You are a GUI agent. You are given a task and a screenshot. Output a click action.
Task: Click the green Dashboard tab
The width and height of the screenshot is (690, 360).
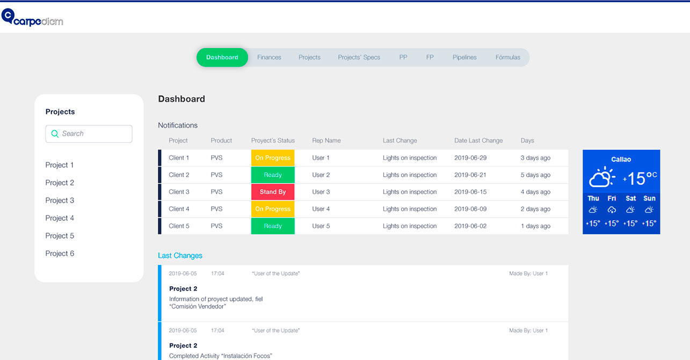pyautogui.click(x=222, y=57)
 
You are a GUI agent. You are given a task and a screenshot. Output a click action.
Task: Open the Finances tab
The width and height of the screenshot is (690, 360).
pyautogui.click(x=269, y=57)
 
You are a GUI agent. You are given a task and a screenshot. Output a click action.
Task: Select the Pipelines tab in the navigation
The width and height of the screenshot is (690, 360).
pyautogui.click(x=464, y=57)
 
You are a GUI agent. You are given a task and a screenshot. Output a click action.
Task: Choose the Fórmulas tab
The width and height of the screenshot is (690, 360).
pyautogui.click(x=507, y=57)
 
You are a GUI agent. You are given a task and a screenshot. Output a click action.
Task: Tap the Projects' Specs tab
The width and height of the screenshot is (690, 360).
pyautogui.click(x=359, y=57)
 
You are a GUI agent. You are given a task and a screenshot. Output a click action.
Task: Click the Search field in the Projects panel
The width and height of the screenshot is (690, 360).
pyautogui.click(x=89, y=134)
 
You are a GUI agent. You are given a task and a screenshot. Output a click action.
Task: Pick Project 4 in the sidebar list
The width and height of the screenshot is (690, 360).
pyautogui.click(x=60, y=218)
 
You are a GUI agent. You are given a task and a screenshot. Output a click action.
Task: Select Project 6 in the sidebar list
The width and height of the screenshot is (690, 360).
pyautogui.click(x=60, y=254)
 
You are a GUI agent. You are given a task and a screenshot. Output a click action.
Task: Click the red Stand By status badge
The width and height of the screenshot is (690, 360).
pyautogui.click(x=273, y=192)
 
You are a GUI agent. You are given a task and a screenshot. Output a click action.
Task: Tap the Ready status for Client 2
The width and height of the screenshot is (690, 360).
pyautogui.click(x=273, y=175)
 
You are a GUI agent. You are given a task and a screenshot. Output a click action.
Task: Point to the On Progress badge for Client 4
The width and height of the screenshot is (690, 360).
pyautogui.click(x=273, y=209)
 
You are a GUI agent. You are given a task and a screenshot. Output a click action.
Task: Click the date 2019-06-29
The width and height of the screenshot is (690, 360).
pyautogui.click(x=470, y=158)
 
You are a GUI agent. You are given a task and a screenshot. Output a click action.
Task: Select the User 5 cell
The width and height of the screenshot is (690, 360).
pyautogui.click(x=321, y=226)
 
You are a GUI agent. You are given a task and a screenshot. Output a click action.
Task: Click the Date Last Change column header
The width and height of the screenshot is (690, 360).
pyautogui.click(x=478, y=141)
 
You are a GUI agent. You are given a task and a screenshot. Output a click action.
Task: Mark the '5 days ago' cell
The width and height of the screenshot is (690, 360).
pyautogui.click(x=535, y=175)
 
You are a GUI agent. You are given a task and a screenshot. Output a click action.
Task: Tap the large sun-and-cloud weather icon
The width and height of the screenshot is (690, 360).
pyautogui.click(x=602, y=177)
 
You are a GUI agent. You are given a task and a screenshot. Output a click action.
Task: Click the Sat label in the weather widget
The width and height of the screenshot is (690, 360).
pyautogui.click(x=631, y=198)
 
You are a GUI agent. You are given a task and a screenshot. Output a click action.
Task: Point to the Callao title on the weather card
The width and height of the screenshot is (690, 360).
pyautogui.click(x=621, y=160)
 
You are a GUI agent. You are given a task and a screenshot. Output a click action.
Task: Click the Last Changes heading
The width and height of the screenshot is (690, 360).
pyautogui.click(x=180, y=256)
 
